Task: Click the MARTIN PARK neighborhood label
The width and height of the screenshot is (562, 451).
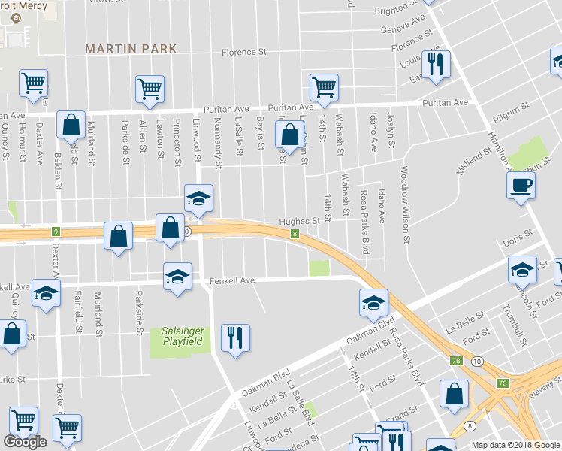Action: click(131, 49)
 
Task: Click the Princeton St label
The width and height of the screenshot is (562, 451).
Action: click(177, 140)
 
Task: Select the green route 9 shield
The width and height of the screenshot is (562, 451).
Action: click(55, 232)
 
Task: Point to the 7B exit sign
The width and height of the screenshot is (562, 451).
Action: click(457, 362)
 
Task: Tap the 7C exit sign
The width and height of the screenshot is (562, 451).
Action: click(503, 383)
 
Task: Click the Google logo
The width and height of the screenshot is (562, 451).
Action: click(25, 442)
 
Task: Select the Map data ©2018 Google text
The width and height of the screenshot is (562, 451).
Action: click(515, 445)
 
